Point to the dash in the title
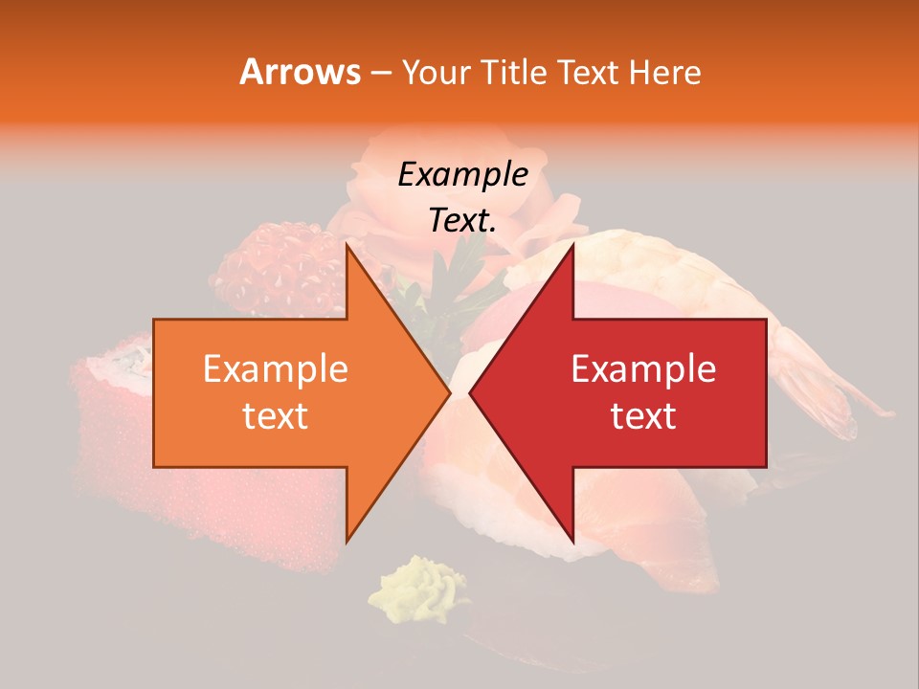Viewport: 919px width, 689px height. click(x=380, y=74)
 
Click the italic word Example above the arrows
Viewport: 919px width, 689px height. click(x=462, y=175)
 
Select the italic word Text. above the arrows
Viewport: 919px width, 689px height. click(x=462, y=221)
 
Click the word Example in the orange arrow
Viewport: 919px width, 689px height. click(x=275, y=369)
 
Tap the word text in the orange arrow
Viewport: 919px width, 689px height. click(x=275, y=416)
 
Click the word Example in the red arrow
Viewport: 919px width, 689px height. click(x=643, y=369)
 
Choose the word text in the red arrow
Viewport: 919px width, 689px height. click(x=643, y=416)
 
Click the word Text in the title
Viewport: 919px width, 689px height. click(x=590, y=73)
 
